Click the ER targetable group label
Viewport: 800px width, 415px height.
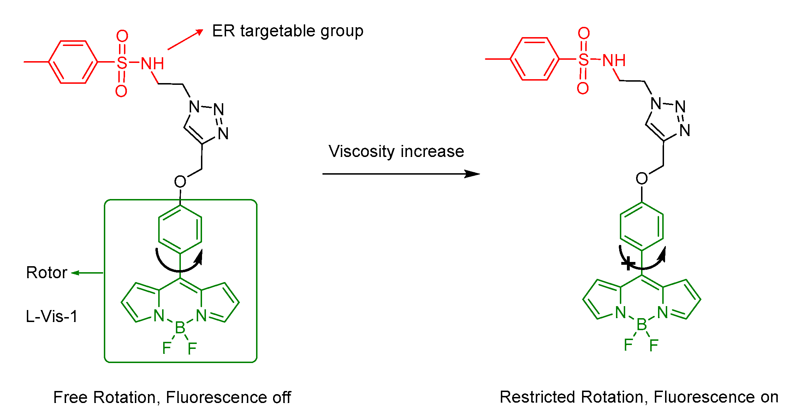[x=288, y=31]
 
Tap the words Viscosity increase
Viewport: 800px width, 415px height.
[x=396, y=151]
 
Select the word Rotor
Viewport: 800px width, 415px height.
[x=46, y=273]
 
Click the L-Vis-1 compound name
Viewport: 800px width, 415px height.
[x=52, y=316]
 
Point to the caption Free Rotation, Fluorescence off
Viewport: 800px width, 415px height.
[x=172, y=397]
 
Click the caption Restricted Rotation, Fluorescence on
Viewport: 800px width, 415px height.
[x=639, y=397]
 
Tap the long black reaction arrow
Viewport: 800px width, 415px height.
[x=401, y=174]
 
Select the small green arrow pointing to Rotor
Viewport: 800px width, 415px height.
[x=87, y=273]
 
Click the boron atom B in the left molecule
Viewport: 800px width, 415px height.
[x=180, y=328]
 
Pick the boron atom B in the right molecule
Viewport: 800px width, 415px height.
[x=641, y=325]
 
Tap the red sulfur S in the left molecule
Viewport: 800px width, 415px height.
[x=122, y=63]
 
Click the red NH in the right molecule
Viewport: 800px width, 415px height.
[x=614, y=60]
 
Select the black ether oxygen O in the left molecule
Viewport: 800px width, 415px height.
[x=180, y=182]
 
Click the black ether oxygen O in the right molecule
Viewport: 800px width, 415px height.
[x=641, y=179]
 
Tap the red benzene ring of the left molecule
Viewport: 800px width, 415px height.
[x=73, y=62]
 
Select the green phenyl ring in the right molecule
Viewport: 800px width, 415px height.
[x=641, y=226]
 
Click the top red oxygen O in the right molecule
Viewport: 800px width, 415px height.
[x=583, y=33]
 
